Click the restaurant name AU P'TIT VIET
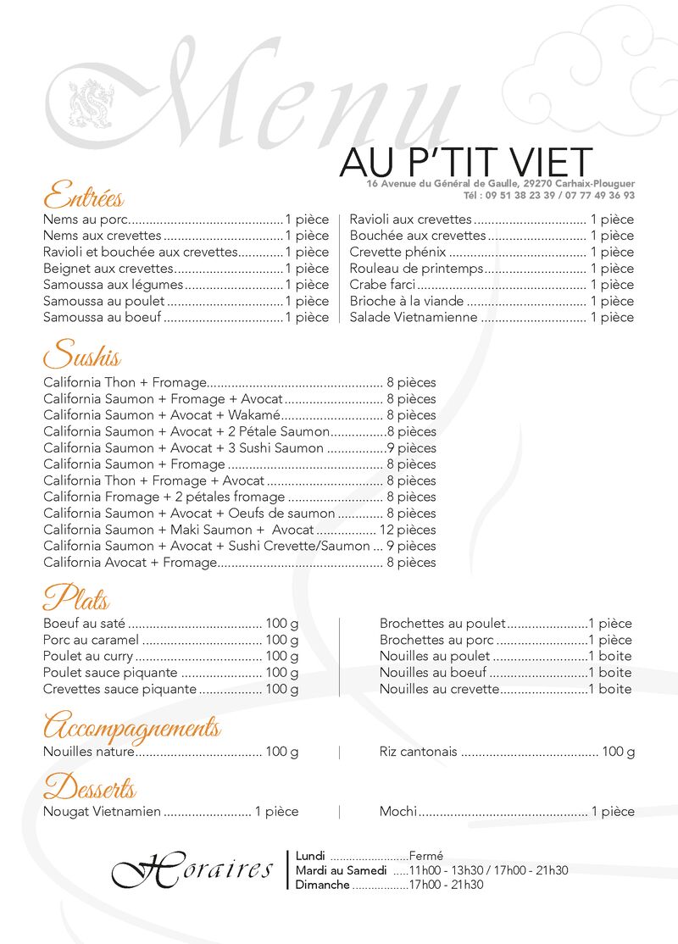pyautogui.click(x=465, y=162)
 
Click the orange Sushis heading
pyautogui.click(x=81, y=353)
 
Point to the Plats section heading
pyautogui.click(x=76, y=598)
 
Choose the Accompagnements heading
pyautogui.click(x=131, y=727)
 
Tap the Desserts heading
pyautogui.click(x=89, y=787)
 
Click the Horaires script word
pyautogui.click(x=192, y=870)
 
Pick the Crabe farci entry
pyautogui.click(x=383, y=285)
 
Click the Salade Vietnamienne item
pyautogui.click(x=414, y=318)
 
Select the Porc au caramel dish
pyautogui.click(x=92, y=640)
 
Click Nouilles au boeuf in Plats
pyautogui.click(x=433, y=673)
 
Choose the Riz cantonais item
pyautogui.click(x=418, y=752)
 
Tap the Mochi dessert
pyautogui.click(x=397, y=812)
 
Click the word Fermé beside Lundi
pyautogui.click(x=425, y=856)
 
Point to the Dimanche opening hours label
pyautogui.click(x=322, y=885)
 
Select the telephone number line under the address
pyautogui.click(x=560, y=195)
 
